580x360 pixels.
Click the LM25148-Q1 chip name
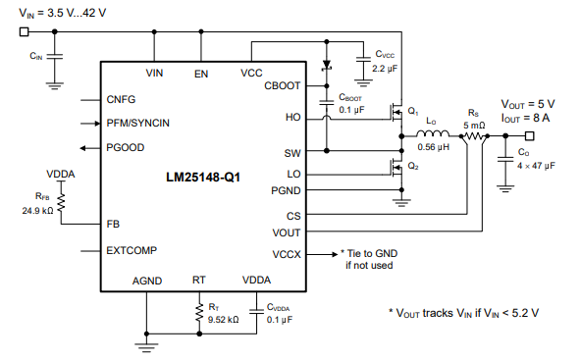[x=203, y=177]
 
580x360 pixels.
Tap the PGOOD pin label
[x=125, y=147]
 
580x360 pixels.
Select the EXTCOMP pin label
[x=132, y=250]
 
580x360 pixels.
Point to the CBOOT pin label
[x=282, y=85]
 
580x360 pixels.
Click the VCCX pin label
[x=287, y=254]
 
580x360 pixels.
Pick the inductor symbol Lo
[x=433, y=133]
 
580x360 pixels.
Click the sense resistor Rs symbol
[x=474, y=136]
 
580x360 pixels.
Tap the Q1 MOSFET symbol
[x=396, y=113]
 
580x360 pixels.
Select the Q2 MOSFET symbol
[x=396, y=168]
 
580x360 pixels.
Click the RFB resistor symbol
[x=61, y=202]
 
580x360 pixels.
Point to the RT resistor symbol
[x=199, y=312]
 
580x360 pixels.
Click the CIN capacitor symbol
[x=54, y=57]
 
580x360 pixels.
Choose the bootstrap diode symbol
[x=327, y=66]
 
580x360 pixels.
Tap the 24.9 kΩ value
[x=37, y=211]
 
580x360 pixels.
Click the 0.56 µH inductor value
[x=433, y=147]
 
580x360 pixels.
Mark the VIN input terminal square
[x=24, y=31]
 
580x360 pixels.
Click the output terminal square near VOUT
[x=529, y=136]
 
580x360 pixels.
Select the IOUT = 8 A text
[x=525, y=118]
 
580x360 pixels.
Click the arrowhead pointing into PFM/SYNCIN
[x=97, y=123]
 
